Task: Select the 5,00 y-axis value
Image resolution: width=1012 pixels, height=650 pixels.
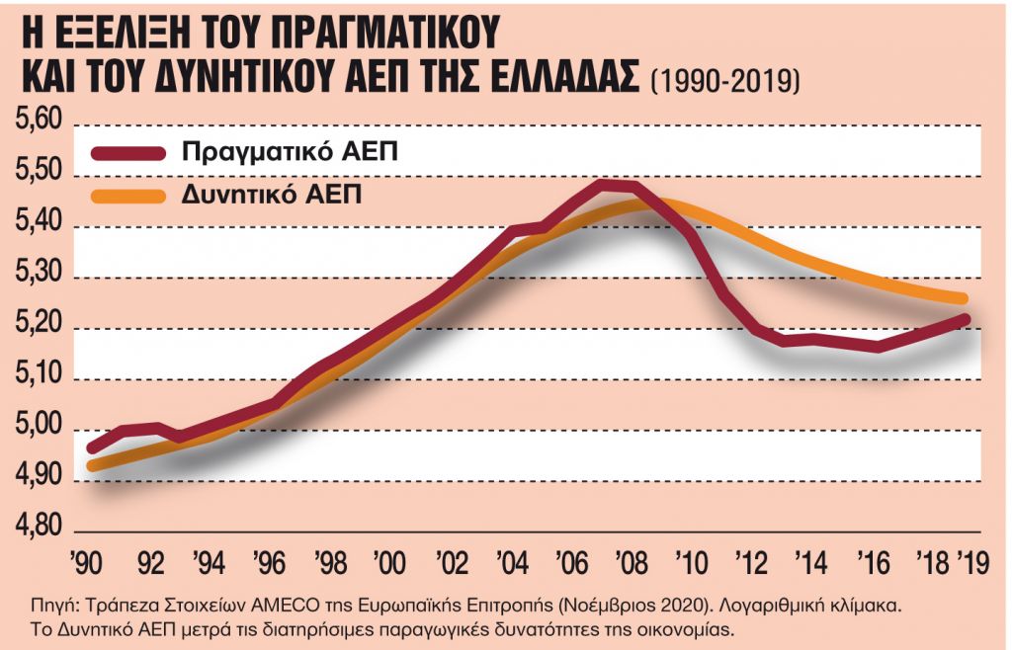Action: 38,430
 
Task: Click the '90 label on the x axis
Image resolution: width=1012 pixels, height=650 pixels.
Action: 88,565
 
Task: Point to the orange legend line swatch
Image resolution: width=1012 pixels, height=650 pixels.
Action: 128,195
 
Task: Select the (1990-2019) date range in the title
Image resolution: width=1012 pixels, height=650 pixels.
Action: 724,80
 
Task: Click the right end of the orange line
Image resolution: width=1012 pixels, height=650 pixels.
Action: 963,298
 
